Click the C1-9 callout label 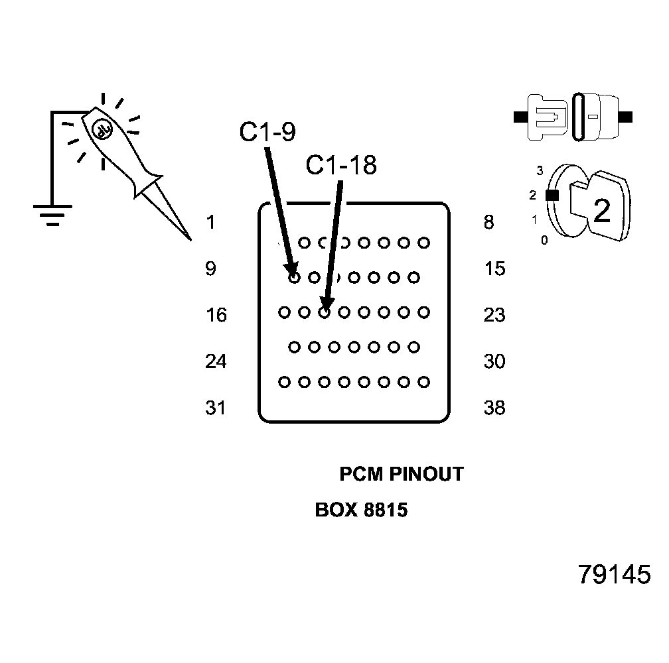pos(267,133)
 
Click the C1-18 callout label pos(340,165)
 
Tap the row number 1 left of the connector pos(210,223)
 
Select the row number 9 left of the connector pos(210,269)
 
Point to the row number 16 pos(216,315)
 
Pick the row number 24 pos(216,362)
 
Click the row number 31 pos(216,408)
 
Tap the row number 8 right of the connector pos(489,223)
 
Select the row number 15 pos(494,269)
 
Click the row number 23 pos(494,315)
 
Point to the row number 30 pos(494,362)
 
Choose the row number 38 pos(494,408)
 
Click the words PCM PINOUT pos(401,475)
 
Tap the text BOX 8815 pos(361,511)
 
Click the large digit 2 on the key pos(601,211)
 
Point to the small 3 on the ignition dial pos(540,171)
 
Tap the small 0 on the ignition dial pos(544,241)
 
